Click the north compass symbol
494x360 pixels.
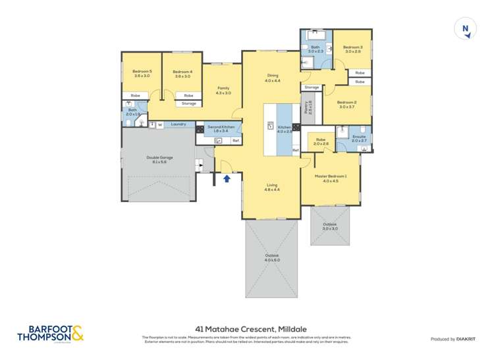point(465,30)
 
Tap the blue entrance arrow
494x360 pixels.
point(227,178)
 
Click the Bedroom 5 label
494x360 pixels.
point(142,73)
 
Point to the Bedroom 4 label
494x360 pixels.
point(182,73)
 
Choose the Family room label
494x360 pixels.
point(224,90)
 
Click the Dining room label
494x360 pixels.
point(272,78)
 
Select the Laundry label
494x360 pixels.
point(178,124)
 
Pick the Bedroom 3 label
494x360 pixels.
point(352,49)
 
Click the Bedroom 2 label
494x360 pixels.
point(346,104)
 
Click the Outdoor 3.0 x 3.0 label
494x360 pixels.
point(330,226)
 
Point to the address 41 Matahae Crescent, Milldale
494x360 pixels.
point(247,328)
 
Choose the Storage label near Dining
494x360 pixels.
point(312,88)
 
